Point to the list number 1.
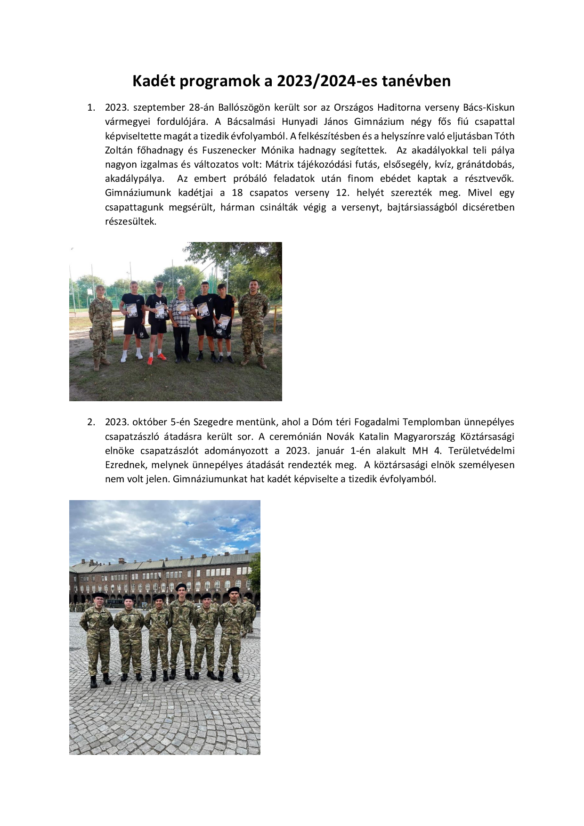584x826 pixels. coord(91,108)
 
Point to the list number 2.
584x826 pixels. coord(91,422)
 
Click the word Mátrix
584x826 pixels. coord(281,165)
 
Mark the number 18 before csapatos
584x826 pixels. coord(237,193)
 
